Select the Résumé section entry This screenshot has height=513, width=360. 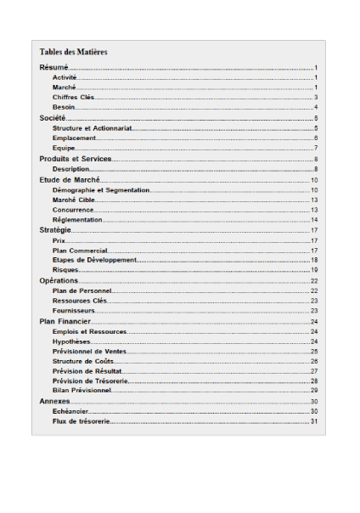click(53, 67)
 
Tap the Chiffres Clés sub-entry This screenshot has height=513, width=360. click(72, 98)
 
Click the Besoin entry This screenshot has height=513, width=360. click(64, 107)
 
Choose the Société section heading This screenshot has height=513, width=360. click(53, 118)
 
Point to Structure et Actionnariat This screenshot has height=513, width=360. click(91, 128)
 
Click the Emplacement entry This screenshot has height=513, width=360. click(74, 138)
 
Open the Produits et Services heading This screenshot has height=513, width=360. click(76, 159)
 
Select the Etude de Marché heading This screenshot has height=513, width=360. click(70, 179)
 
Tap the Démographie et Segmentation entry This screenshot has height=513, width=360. click(101, 190)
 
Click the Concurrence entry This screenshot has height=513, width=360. click(73, 210)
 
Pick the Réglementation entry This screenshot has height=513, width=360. click(77, 220)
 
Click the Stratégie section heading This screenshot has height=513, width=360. click(55, 230)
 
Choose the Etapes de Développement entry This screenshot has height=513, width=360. click(94, 260)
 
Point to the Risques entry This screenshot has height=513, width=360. click(65, 269)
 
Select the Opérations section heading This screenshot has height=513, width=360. click(59, 280)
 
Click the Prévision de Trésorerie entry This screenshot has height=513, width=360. click(90, 381)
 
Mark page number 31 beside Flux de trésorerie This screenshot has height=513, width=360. click(314, 421)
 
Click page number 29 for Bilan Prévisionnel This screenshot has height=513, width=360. click(314, 391)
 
